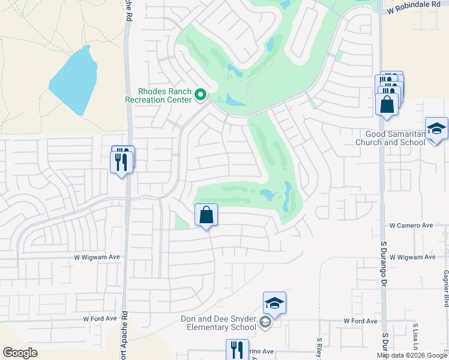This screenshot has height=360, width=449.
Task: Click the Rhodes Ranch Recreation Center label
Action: [158, 95]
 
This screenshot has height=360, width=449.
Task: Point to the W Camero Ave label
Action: [411, 226]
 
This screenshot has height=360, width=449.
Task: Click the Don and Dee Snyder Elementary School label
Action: [218, 323]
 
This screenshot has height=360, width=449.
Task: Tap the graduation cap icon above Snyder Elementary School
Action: [274, 304]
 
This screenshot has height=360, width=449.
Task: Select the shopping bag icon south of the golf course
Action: [206, 215]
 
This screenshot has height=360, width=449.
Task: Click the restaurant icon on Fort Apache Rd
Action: [122, 161]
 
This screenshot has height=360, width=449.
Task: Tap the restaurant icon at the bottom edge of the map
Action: [237, 350]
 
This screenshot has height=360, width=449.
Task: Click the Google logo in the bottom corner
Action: [20, 352]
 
